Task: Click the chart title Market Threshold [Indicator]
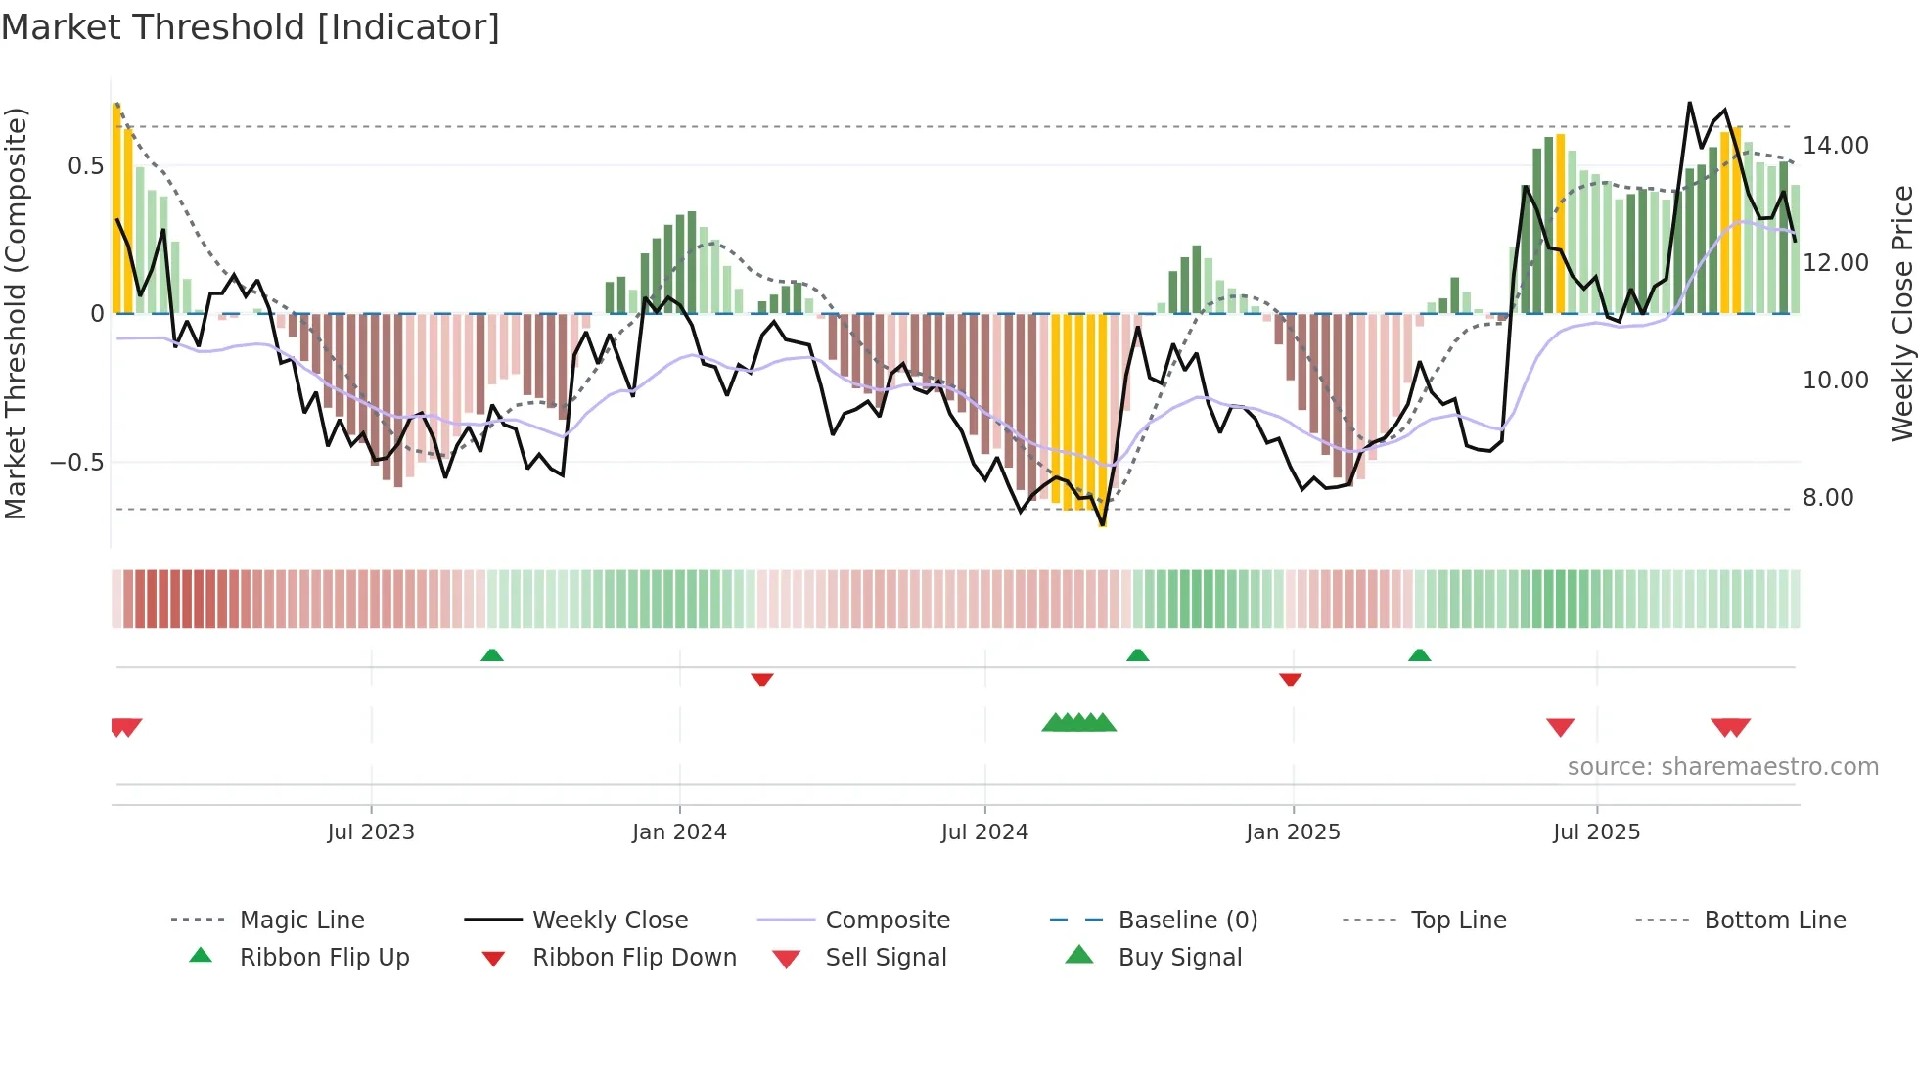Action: point(251,27)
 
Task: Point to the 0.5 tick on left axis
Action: point(85,166)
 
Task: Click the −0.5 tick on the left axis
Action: point(76,463)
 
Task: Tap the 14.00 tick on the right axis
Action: point(1835,146)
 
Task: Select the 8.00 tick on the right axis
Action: point(1828,498)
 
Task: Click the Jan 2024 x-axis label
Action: point(679,832)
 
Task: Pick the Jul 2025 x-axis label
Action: point(1596,832)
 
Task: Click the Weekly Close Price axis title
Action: point(1901,313)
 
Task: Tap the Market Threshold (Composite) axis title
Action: point(16,313)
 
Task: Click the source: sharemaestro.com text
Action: point(1722,767)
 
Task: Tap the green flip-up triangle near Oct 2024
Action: point(1137,655)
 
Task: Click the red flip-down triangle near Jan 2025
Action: point(1290,679)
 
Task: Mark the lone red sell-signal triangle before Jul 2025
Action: point(1560,727)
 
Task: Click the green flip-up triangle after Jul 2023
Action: point(492,655)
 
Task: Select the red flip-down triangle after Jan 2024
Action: point(762,679)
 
